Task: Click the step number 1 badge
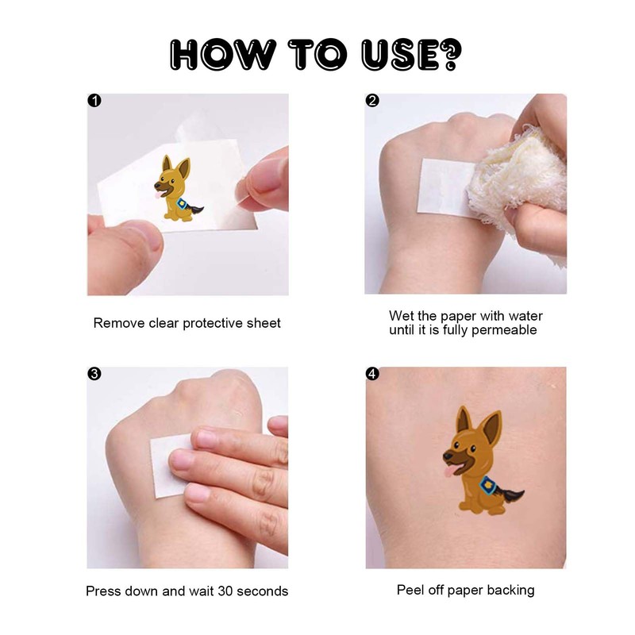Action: coord(94,101)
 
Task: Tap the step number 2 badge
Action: coord(372,101)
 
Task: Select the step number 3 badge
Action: coord(94,373)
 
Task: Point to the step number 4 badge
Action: coord(372,373)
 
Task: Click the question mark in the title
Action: coord(449,55)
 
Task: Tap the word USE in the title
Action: coord(400,55)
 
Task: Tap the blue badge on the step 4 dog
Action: coord(487,485)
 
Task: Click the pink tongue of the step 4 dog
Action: coord(450,471)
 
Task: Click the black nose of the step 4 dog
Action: coord(447,456)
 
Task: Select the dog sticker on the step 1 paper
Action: coord(177,189)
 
